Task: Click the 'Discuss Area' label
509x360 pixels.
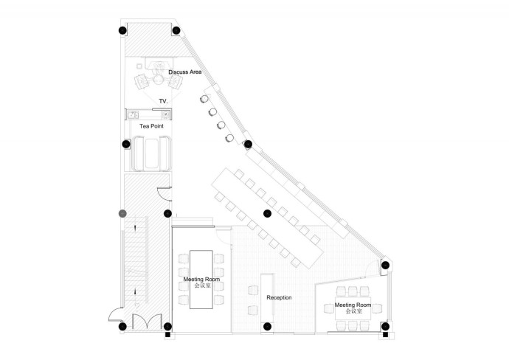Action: (x=184, y=72)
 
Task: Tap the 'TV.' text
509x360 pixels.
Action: (x=163, y=101)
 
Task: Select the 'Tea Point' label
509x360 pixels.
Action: (x=152, y=126)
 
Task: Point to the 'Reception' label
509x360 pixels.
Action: (x=279, y=297)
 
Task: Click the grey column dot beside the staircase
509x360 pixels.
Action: (x=122, y=214)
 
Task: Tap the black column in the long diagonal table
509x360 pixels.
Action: (x=267, y=213)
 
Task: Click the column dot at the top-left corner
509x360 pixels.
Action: (x=122, y=30)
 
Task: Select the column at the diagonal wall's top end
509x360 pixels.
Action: (x=176, y=30)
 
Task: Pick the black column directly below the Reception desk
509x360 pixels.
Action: (x=267, y=326)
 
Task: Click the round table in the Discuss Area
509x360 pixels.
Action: (x=159, y=80)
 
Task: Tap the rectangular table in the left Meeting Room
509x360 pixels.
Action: (x=201, y=279)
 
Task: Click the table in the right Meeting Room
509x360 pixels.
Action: (x=353, y=308)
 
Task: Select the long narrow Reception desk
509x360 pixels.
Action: (x=267, y=298)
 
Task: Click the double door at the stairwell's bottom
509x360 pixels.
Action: (x=147, y=322)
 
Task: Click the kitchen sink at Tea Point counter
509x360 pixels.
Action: (x=133, y=114)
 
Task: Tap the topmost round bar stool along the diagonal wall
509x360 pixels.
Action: (x=204, y=99)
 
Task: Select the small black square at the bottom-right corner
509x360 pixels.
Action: (x=385, y=335)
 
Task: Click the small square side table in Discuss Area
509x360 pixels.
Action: (x=139, y=66)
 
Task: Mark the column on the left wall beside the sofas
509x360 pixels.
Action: (x=126, y=144)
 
